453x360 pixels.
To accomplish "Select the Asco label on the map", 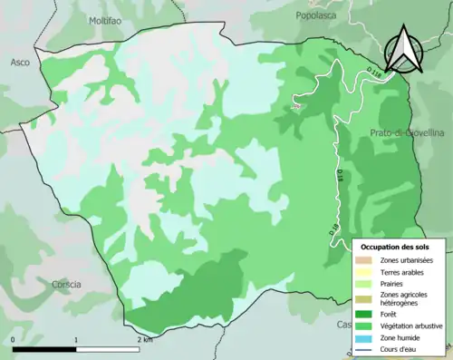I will [20, 63].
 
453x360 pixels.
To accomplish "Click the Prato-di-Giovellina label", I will [405, 133].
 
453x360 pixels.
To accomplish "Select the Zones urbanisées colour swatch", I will [366, 260].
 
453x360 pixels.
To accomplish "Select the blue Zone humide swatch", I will [366, 339].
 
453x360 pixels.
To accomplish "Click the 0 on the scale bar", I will [13, 340].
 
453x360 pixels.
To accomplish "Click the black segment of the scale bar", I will [43, 349].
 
